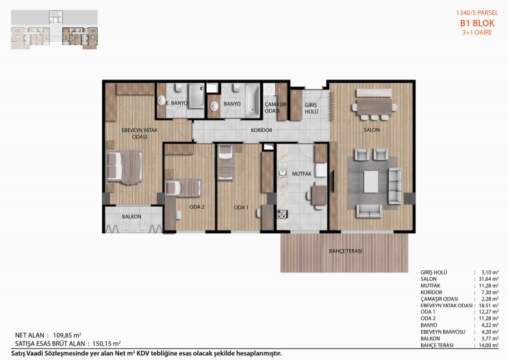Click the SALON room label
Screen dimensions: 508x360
[372, 130]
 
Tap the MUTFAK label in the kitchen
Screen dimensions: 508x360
[302, 174]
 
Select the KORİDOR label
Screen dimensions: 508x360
[262, 130]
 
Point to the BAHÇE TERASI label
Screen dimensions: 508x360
[345, 251]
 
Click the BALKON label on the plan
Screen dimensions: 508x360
[131, 216]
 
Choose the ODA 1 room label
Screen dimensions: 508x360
[241, 207]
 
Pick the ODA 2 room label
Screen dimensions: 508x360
[197, 207]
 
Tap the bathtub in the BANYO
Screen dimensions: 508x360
[252, 100]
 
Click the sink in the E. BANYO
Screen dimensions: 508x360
[162, 101]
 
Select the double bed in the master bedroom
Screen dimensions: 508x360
[125, 167]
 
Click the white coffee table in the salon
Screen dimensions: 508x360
[370, 182]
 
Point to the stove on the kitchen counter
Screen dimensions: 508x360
[282, 214]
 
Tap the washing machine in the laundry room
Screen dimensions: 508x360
[269, 90]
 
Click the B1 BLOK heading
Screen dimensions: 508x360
[477, 23]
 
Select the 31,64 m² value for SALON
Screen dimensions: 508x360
[488, 279]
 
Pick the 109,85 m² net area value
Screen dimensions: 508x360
[66, 335]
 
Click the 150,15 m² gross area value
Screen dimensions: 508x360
[107, 344]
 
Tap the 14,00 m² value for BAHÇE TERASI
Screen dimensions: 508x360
[489, 345]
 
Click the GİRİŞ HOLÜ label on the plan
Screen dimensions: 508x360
[312, 108]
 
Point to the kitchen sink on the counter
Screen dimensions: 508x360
[283, 172]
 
